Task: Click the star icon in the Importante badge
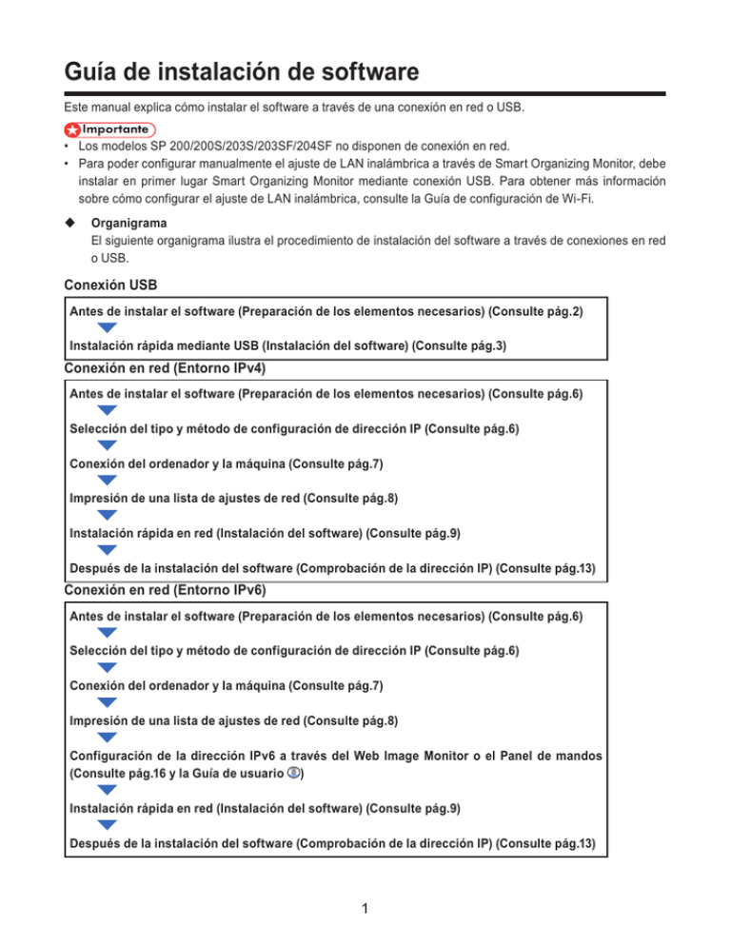tap(72, 128)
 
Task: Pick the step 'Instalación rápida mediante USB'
tap(168, 347)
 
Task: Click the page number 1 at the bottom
tap(365, 910)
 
